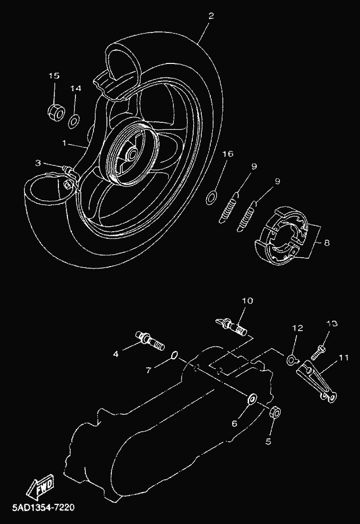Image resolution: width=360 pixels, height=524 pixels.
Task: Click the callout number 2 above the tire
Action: (x=211, y=16)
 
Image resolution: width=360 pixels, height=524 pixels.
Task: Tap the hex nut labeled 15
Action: (x=55, y=112)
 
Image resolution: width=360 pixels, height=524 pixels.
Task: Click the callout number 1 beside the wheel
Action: (x=64, y=143)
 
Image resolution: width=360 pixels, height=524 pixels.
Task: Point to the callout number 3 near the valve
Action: (x=38, y=163)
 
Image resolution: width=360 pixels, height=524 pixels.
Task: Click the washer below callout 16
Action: (x=212, y=196)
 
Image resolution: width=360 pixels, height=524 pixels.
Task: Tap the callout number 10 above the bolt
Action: (x=248, y=301)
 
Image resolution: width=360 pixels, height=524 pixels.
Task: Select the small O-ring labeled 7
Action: (x=174, y=356)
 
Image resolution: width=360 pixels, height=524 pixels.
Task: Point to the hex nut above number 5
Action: (x=274, y=413)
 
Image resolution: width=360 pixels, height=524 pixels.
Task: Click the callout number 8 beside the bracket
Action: (x=327, y=243)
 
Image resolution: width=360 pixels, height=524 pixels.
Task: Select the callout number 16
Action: (x=228, y=154)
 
